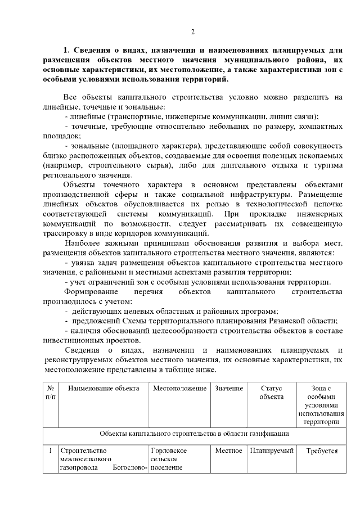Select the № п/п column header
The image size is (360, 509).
[50, 392]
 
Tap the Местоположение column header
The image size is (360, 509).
[179, 388]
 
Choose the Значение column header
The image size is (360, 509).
[229, 388]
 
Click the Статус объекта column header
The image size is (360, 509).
[272, 392]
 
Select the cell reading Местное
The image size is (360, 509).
[229, 451]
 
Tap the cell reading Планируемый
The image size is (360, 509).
[272, 451]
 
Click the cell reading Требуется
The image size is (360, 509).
[321, 451]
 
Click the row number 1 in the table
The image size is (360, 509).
[50, 451]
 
